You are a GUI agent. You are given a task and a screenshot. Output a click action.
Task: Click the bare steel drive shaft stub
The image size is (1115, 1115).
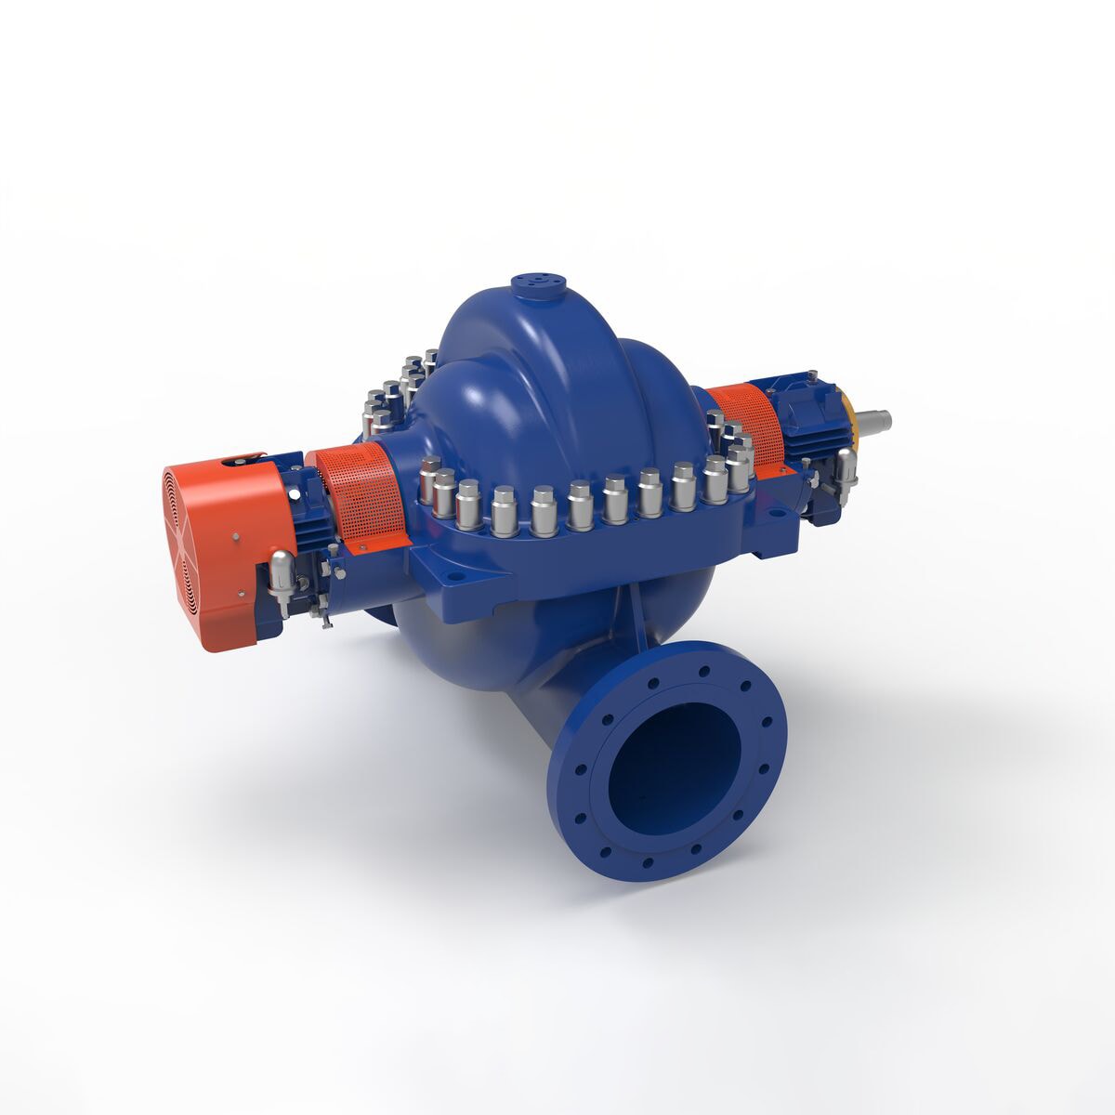tap(874, 420)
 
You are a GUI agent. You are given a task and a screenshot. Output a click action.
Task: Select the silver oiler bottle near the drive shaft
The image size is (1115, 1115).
tap(846, 465)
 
